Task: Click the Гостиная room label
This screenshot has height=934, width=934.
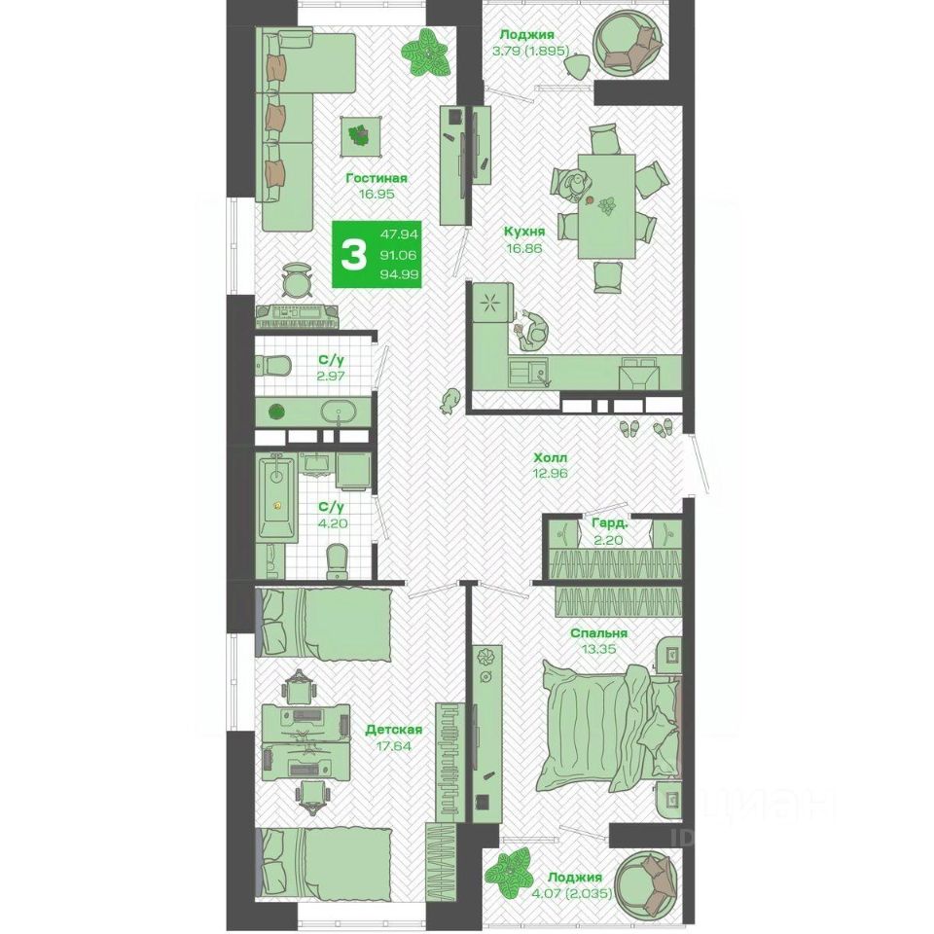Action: [377, 178]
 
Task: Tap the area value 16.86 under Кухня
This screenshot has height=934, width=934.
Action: [523, 248]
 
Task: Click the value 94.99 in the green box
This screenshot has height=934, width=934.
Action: [399, 274]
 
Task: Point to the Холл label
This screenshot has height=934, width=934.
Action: [551, 458]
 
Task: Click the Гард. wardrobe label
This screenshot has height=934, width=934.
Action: [609, 523]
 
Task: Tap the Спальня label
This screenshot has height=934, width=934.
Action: [598, 633]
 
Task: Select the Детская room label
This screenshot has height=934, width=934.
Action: [394, 730]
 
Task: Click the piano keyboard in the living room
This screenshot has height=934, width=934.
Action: [298, 316]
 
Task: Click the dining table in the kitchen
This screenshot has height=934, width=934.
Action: [606, 206]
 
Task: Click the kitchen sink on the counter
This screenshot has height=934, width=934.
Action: [530, 374]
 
